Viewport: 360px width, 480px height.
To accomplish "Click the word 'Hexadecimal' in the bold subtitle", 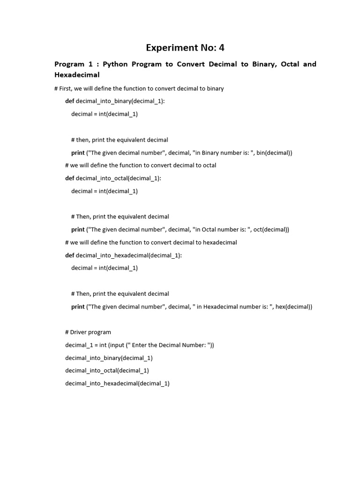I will (x=77, y=75).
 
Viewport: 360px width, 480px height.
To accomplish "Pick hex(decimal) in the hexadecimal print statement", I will (x=293, y=307).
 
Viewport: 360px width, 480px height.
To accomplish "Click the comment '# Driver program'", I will (x=88, y=332).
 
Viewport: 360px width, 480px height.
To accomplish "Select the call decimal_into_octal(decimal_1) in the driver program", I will (x=107, y=370).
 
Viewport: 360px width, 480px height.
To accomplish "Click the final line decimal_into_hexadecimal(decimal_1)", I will (x=117, y=383).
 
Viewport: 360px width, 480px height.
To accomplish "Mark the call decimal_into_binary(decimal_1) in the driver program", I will (x=109, y=358).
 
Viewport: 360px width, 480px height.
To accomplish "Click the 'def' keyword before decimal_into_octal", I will (x=69, y=178).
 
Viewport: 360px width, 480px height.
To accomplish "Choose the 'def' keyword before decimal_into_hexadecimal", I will (x=69, y=255).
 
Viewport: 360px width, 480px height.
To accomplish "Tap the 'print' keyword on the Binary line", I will (x=78, y=153).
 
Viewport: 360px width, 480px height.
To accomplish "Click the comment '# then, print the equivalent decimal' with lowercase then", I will (x=120, y=140).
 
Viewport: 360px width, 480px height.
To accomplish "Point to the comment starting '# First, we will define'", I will (x=139, y=89).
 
